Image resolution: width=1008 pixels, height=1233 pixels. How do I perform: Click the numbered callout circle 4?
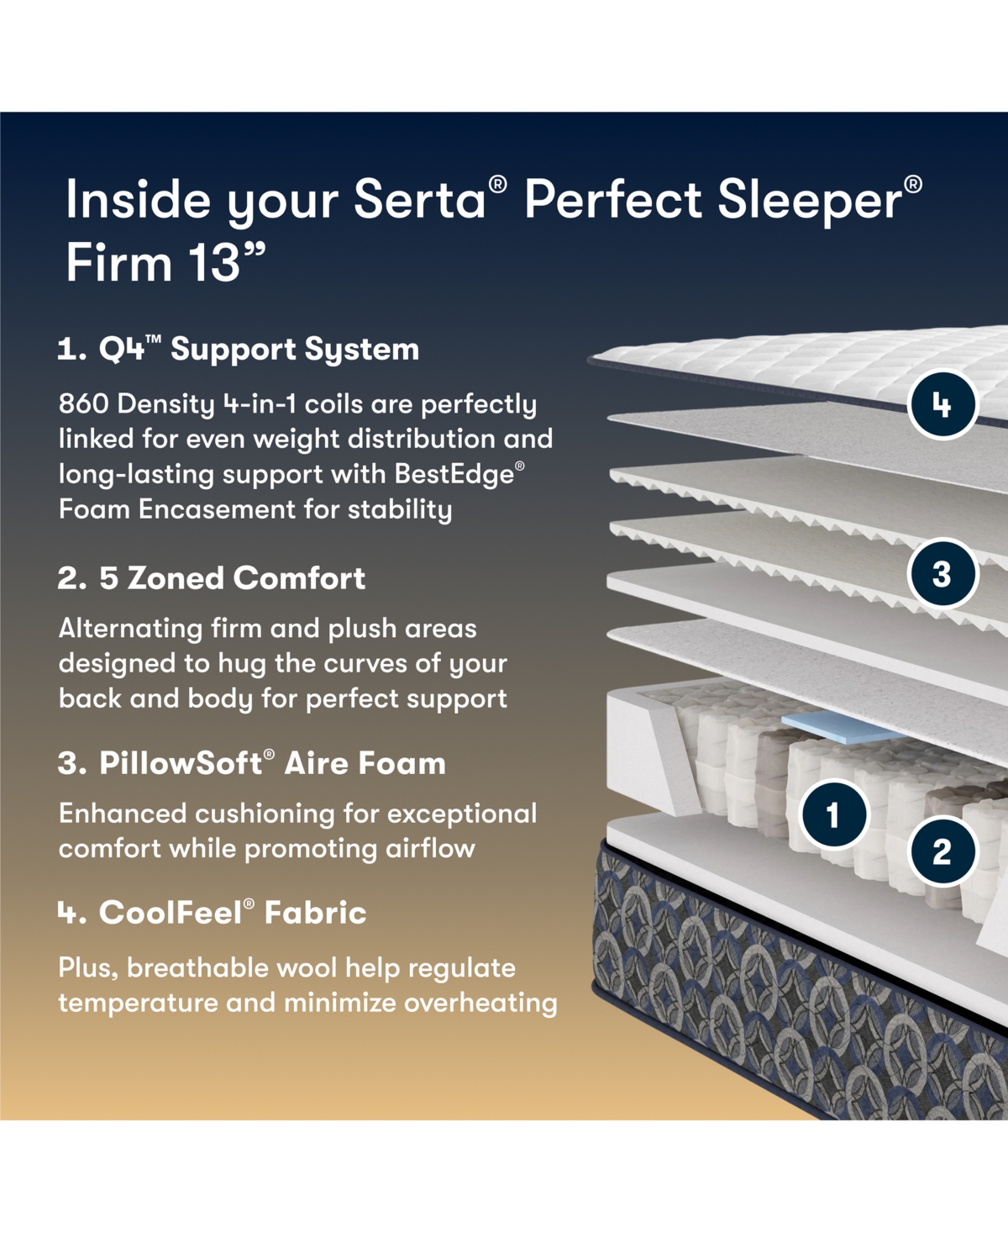coord(942,405)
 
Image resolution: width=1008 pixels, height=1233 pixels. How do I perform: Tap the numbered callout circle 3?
coord(942,574)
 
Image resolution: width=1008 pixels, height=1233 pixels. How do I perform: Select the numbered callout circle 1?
coord(833,814)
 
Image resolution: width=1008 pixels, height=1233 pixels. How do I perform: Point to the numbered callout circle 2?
coord(942,851)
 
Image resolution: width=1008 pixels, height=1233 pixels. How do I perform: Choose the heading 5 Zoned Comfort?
coord(212,578)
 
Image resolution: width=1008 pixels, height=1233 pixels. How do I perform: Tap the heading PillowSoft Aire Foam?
coord(252,763)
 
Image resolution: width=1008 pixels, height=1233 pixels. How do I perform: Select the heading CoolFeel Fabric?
coord(213,913)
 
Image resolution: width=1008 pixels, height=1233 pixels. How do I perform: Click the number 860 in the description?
coord(83,404)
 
